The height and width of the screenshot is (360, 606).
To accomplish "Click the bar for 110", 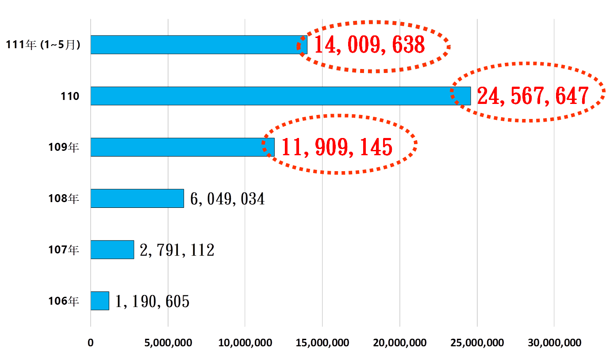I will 280,96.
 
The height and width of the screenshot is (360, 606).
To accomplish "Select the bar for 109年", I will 182,147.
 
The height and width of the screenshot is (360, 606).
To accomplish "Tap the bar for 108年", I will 137,198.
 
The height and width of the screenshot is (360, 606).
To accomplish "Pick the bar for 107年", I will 112,249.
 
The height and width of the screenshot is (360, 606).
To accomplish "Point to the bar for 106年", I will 100,301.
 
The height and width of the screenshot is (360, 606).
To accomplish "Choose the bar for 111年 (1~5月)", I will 199,45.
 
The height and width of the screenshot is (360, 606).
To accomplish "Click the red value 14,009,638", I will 369,45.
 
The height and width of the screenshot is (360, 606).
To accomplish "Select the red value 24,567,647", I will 533,96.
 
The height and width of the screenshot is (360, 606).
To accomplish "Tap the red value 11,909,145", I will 337,147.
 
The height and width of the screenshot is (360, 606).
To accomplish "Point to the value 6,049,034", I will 227,199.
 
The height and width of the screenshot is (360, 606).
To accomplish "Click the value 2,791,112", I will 177,250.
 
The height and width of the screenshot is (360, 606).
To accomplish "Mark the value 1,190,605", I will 152,302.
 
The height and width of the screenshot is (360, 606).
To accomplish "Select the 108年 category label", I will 64,199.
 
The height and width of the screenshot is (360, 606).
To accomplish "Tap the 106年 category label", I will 64,301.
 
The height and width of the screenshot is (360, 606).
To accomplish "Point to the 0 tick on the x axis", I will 91,343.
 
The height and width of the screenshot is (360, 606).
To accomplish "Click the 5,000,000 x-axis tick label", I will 168,343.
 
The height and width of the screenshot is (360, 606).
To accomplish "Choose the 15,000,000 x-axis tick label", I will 322,343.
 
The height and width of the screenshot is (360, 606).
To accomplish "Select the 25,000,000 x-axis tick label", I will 477,343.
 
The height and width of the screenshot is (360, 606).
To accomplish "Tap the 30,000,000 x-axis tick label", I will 554,343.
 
